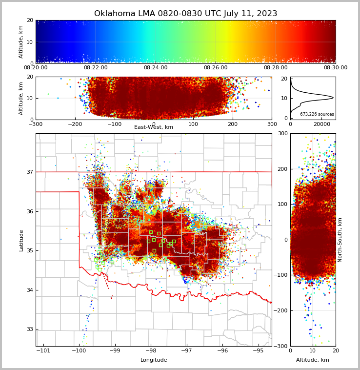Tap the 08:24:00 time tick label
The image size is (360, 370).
point(156,68)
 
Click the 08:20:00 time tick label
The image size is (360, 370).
point(36,68)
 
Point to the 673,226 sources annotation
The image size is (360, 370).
point(317,114)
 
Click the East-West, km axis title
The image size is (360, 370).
point(154,127)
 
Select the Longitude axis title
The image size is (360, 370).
point(154,360)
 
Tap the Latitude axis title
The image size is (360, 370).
point(21,240)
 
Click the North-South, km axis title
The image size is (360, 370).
point(340,240)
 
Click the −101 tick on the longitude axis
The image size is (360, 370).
point(43,350)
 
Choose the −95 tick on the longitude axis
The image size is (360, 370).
point(258,350)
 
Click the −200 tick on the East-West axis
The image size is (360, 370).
point(75,124)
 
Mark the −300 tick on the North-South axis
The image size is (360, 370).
point(281,346)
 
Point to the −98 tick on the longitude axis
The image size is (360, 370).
point(151,350)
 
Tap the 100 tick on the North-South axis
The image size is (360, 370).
point(283,204)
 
